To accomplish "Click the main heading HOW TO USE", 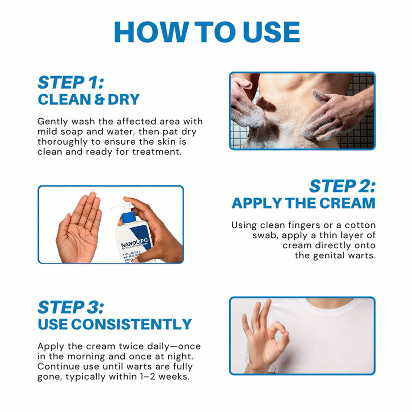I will click(206, 32).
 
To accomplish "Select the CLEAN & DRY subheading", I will click(89, 99).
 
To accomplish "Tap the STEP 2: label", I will click(342, 186).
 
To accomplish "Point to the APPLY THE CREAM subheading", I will click(303, 203).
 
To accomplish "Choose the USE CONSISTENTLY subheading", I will click(115, 324).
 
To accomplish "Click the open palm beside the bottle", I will click(80, 228).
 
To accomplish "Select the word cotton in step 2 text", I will click(359, 226).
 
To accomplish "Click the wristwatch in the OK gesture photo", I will click(249, 363).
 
